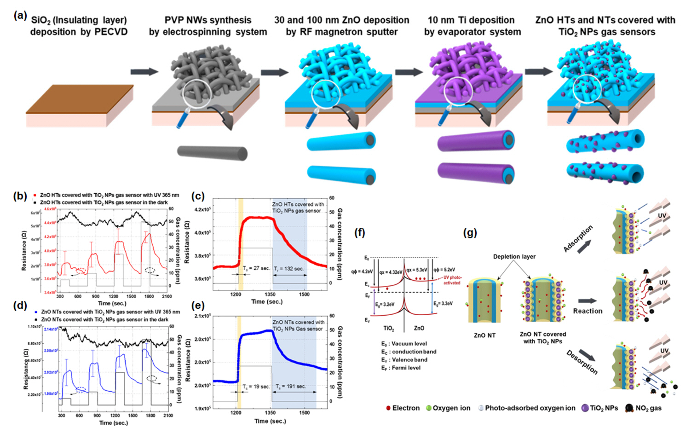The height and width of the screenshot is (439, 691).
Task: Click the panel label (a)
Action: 20,16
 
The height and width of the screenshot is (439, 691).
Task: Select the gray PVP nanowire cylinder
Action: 212,153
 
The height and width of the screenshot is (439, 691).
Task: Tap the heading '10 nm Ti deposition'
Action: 471,20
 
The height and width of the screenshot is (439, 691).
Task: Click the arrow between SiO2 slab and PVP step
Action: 144,72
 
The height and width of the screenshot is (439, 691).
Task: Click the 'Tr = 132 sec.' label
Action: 289,268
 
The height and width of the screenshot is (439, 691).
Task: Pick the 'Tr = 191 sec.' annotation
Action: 291,387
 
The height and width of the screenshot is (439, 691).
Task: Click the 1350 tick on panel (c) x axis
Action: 270,294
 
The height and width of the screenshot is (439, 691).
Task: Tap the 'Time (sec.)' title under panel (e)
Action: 270,421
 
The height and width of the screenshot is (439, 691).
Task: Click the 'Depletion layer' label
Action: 514,256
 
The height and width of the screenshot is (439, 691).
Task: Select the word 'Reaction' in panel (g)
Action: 587,311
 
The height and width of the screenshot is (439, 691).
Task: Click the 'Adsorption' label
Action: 578,238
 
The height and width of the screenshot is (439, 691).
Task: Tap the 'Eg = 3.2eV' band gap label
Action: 385,305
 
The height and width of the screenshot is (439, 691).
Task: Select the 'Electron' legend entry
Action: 403,408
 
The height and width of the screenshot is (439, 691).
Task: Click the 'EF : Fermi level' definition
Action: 400,368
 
